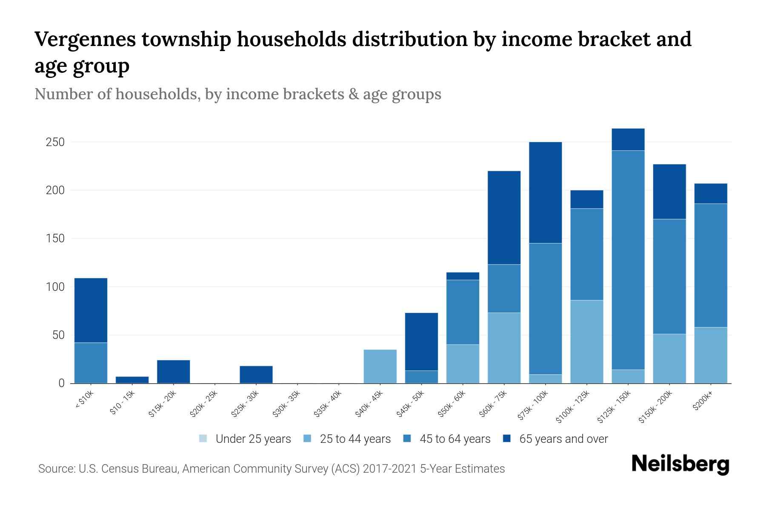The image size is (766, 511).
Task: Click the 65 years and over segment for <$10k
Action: [91, 310]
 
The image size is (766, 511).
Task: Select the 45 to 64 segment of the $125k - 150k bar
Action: [628, 260]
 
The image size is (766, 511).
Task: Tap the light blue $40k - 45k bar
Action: [380, 366]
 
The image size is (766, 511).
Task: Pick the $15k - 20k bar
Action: [173, 371]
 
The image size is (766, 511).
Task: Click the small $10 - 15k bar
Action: [132, 379]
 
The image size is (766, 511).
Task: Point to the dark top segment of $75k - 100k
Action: [545, 192]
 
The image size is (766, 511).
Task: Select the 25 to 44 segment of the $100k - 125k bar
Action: [586, 342]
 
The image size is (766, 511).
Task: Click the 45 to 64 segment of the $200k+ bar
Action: [710, 265]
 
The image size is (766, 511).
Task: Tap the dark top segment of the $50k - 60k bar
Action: [463, 276]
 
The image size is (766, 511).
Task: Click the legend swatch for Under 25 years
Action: [203, 439]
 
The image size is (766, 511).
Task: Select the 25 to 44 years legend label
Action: [355, 439]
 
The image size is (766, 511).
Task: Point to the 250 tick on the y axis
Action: [55, 142]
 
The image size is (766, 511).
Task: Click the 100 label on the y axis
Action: [55, 287]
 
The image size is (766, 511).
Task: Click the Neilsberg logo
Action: [680, 464]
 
